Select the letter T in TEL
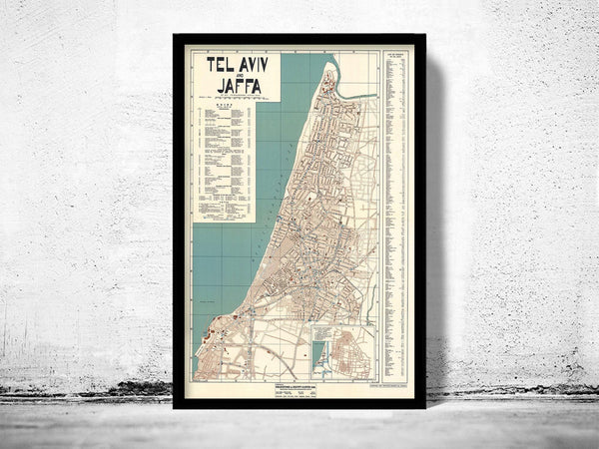208,65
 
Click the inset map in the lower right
343,350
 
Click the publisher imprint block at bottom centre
290,391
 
